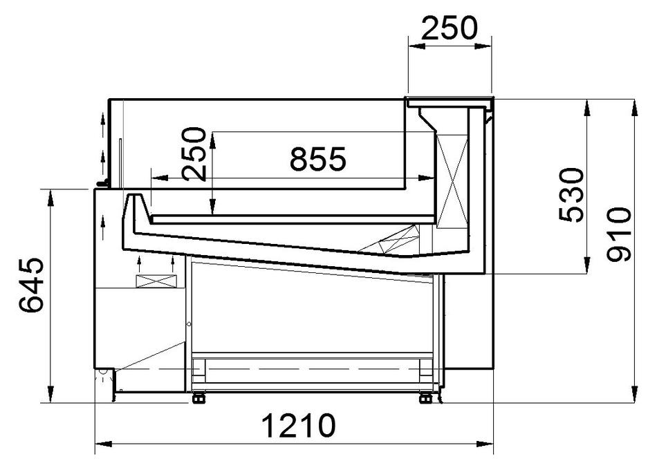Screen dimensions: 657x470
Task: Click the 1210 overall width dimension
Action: click(x=298, y=426)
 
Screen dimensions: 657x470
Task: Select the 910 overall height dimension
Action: click(x=619, y=234)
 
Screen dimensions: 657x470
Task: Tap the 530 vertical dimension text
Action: click(x=571, y=195)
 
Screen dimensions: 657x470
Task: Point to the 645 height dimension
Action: click(x=31, y=285)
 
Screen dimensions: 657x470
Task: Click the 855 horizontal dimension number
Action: click(x=318, y=159)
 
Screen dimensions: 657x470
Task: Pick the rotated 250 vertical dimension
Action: click(x=194, y=153)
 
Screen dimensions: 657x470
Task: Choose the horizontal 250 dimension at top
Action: click(x=449, y=28)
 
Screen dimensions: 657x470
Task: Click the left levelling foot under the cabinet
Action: click(x=198, y=398)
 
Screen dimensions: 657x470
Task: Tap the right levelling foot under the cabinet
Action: click(x=426, y=398)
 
